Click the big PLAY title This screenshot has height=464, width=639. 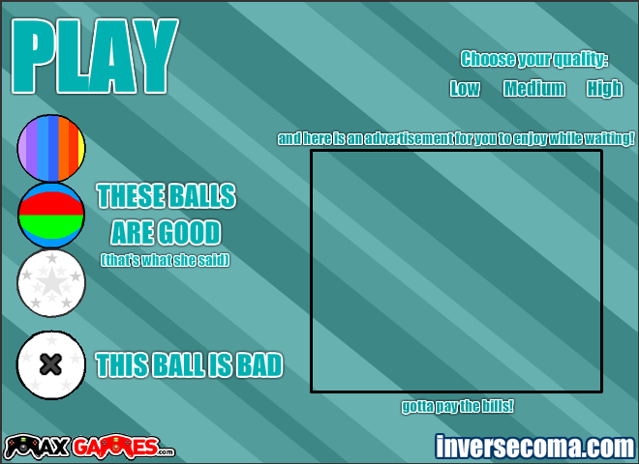pyautogui.click(x=95, y=56)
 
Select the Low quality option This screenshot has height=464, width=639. pyautogui.click(x=465, y=88)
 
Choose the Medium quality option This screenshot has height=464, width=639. pyautogui.click(x=534, y=88)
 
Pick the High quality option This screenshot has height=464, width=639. pyautogui.click(x=604, y=89)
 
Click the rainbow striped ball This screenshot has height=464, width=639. pyautogui.click(x=51, y=148)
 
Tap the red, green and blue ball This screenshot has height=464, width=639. pyautogui.click(x=51, y=215)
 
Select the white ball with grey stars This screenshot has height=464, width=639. pyautogui.click(x=51, y=283)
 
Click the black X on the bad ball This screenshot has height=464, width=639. pyautogui.click(x=51, y=364)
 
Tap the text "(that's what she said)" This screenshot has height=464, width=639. pyautogui.click(x=165, y=260)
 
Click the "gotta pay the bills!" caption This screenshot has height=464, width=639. pyautogui.click(x=457, y=406)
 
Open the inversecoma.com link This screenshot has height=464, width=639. pyautogui.click(x=535, y=447)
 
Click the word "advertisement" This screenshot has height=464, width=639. pyautogui.click(x=409, y=139)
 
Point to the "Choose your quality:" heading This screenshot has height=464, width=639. pyautogui.click(x=534, y=59)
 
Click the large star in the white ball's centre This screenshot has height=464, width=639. pyautogui.click(x=51, y=281)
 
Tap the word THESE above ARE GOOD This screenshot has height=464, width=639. pyautogui.click(x=131, y=196)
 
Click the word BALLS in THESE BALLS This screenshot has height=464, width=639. pyautogui.click(x=202, y=196)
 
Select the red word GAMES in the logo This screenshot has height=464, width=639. pyautogui.click(x=116, y=447)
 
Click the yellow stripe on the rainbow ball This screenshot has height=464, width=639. pyautogui.click(x=81, y=149)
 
